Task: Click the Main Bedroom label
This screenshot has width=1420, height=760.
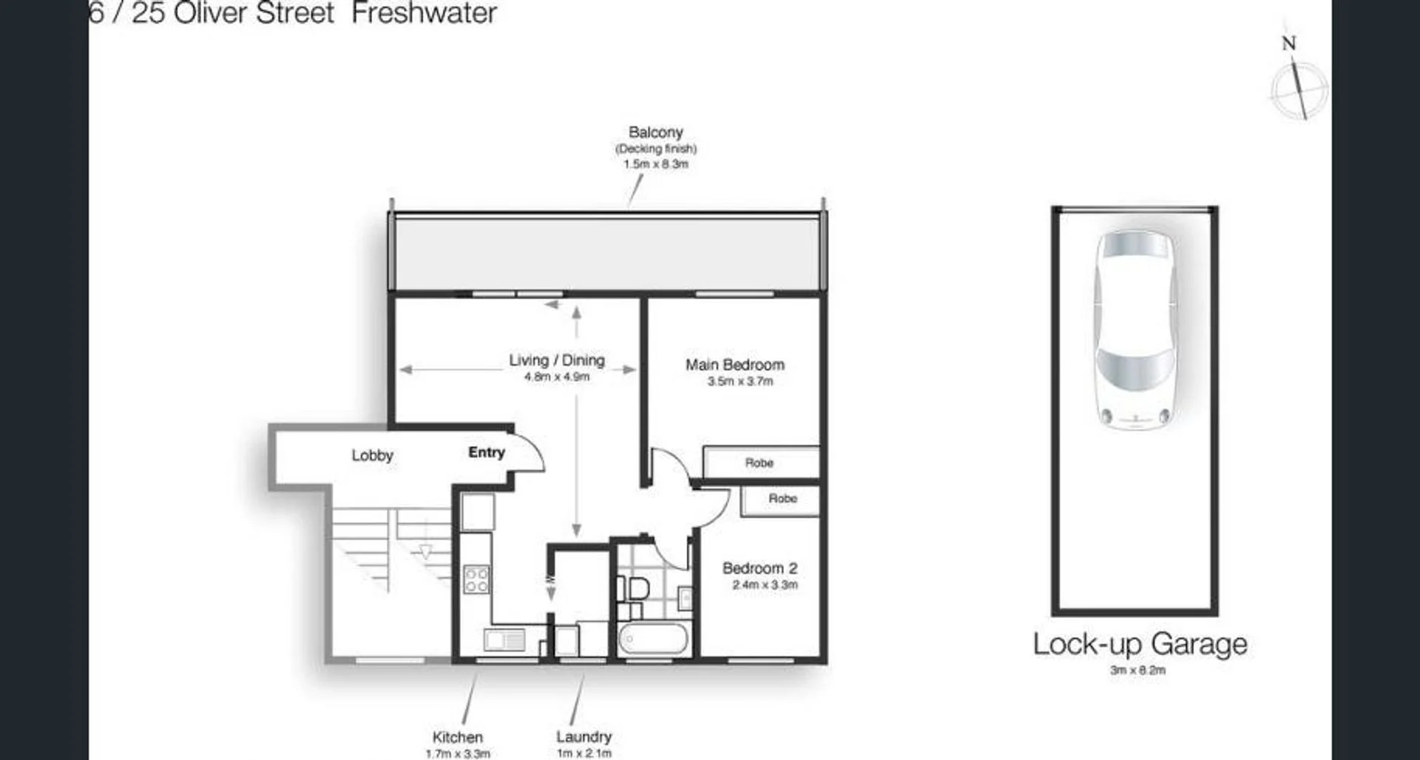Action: tap(734, 365)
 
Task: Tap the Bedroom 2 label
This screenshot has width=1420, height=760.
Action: tap(760, 568)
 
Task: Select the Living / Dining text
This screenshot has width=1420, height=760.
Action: tap(556, 360)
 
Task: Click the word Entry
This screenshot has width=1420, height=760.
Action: tap(487, 452)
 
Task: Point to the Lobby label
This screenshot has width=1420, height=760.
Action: tap(372, 455)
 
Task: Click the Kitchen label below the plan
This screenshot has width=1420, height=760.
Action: tap(457, 737)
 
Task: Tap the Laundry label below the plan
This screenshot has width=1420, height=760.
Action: tap(584, 736)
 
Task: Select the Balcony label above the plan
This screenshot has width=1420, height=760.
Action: tap(655, 132)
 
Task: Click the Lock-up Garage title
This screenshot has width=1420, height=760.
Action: tap(1140, 644)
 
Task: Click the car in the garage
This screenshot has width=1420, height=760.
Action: tap(1135, 330)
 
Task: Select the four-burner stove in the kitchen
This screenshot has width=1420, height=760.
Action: tap(476, 579)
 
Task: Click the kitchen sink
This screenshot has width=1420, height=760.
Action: tap(504, 639)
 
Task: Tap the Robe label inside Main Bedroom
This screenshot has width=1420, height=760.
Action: tap(759, 463)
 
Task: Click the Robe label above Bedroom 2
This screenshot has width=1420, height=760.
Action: tap(782, 499)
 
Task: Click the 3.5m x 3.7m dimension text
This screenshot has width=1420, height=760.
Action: tap(740, 382)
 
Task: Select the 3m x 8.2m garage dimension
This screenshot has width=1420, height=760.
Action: tap(1137, 670)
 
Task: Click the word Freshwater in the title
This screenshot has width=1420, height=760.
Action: tap(424, 13)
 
